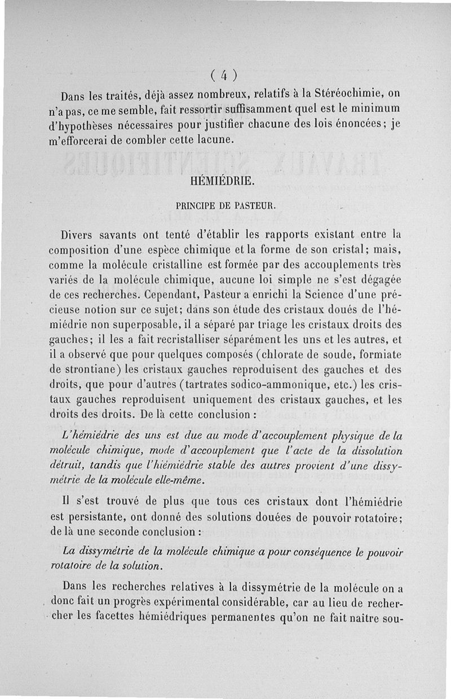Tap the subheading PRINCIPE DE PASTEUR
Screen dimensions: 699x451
tap(225, 206)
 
